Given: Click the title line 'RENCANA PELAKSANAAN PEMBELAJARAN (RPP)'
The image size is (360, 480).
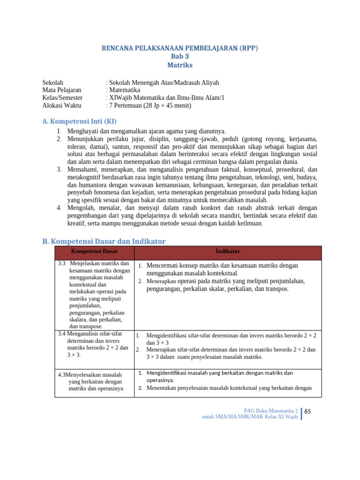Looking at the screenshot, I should [180, 48].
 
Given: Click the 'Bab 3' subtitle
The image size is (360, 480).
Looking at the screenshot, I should [180, 57].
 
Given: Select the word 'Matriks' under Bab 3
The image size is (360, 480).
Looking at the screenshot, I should [180, 65].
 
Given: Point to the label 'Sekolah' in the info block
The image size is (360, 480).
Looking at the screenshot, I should [52, 82].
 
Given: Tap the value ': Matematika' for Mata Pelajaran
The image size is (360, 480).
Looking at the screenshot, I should [123, 90].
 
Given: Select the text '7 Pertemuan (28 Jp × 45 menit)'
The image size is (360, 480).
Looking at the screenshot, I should [150, 105].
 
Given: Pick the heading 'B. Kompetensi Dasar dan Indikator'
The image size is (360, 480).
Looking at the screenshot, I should [104, 241].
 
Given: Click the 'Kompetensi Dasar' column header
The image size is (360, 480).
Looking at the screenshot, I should [94, 252].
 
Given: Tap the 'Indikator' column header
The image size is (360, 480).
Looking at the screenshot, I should [228, 252].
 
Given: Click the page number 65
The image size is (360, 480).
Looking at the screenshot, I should [308, 412].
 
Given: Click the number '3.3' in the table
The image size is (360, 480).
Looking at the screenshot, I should [62, 263].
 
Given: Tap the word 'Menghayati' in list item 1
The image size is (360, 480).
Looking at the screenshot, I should [83, 131].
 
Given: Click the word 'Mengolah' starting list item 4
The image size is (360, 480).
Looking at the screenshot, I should [80, 208].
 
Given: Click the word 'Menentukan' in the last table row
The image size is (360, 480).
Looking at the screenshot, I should [162, 388].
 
